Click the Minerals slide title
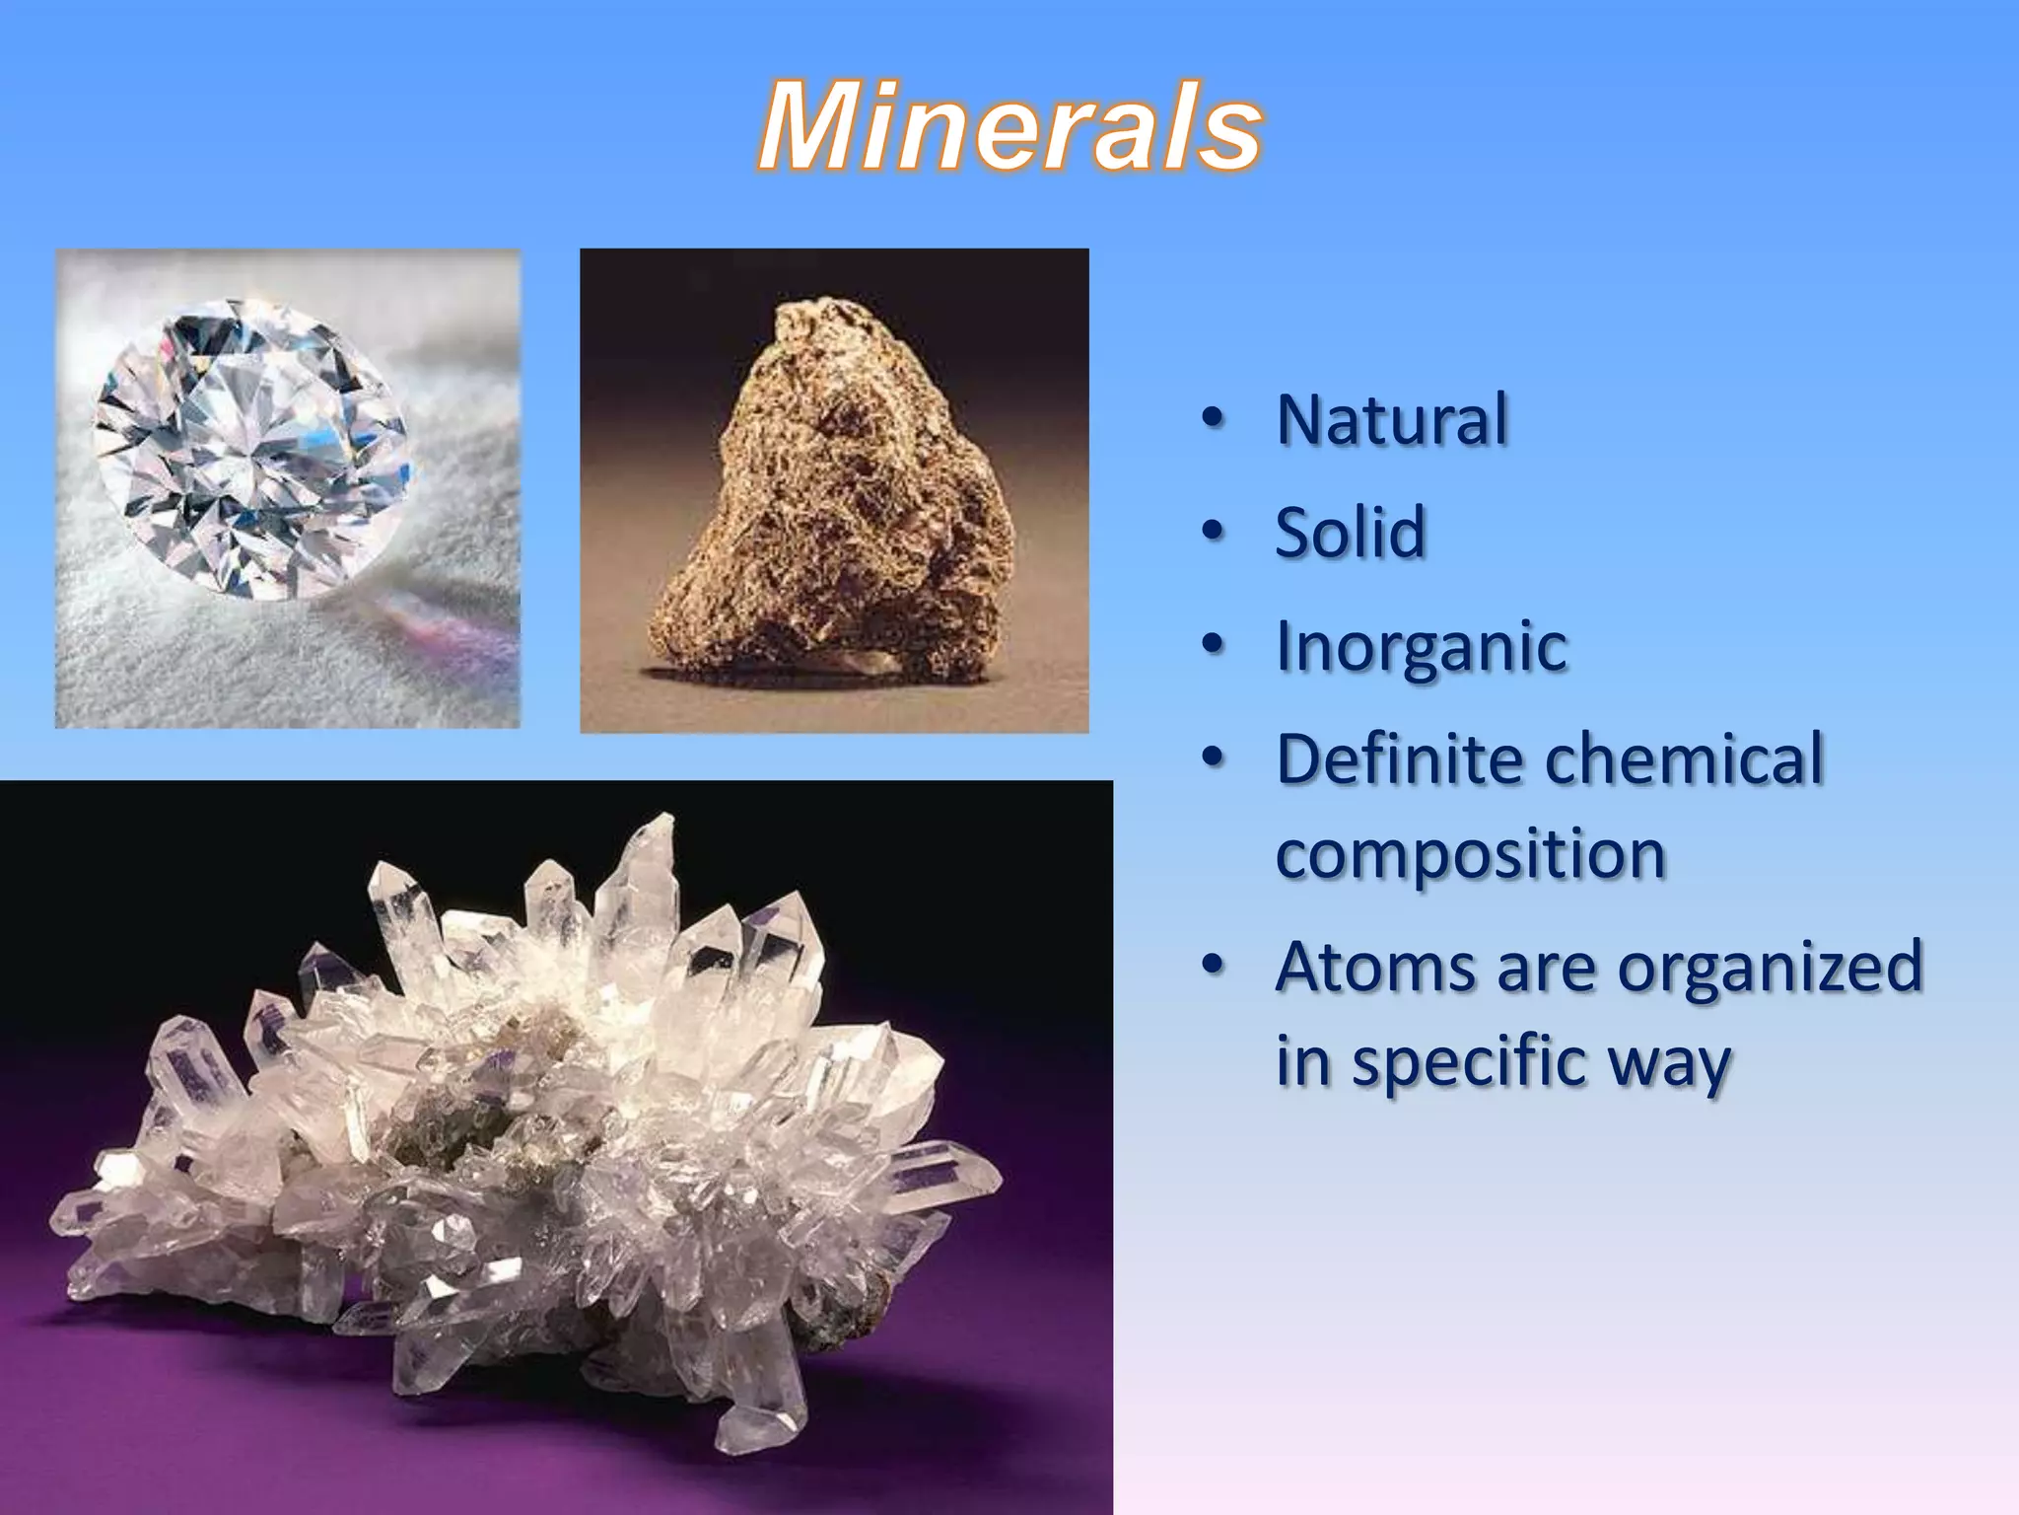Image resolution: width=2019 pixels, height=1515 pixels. click(x=1009, y=128)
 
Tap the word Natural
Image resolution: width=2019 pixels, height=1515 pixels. click(x=1391, y=420)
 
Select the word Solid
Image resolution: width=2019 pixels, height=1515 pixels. click(x=1350, y=533)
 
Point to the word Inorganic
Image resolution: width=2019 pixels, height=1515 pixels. click(x=1421, y=647)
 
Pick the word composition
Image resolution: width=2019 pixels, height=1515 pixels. click(x=1470, y=854)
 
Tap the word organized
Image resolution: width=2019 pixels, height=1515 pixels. click(x=1770, y=969)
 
